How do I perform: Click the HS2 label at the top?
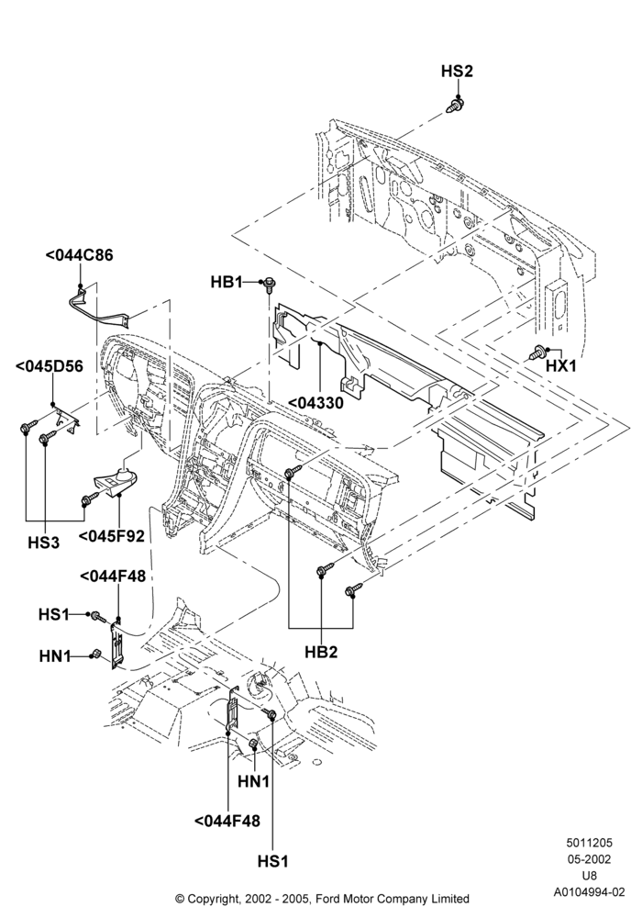(457, 72)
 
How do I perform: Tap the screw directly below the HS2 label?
(456, 106)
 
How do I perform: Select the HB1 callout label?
(227, 282)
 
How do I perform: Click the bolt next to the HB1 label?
(270, 285)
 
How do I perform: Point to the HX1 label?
(560, 366)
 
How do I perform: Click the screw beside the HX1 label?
(538, 353)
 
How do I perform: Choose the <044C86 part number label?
(79, 255)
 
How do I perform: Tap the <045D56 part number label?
(50, 366)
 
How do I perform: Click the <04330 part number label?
(316, 403)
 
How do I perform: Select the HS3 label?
(43, 543)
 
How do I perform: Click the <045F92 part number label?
(111, 536)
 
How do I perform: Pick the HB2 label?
(321, 652)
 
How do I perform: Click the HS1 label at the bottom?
(273, 862)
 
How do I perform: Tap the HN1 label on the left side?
(55, 656)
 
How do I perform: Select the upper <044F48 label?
(112, 577)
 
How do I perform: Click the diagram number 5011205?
(590, 843)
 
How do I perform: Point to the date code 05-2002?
(590, 859)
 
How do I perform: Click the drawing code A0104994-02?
(590, 892)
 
